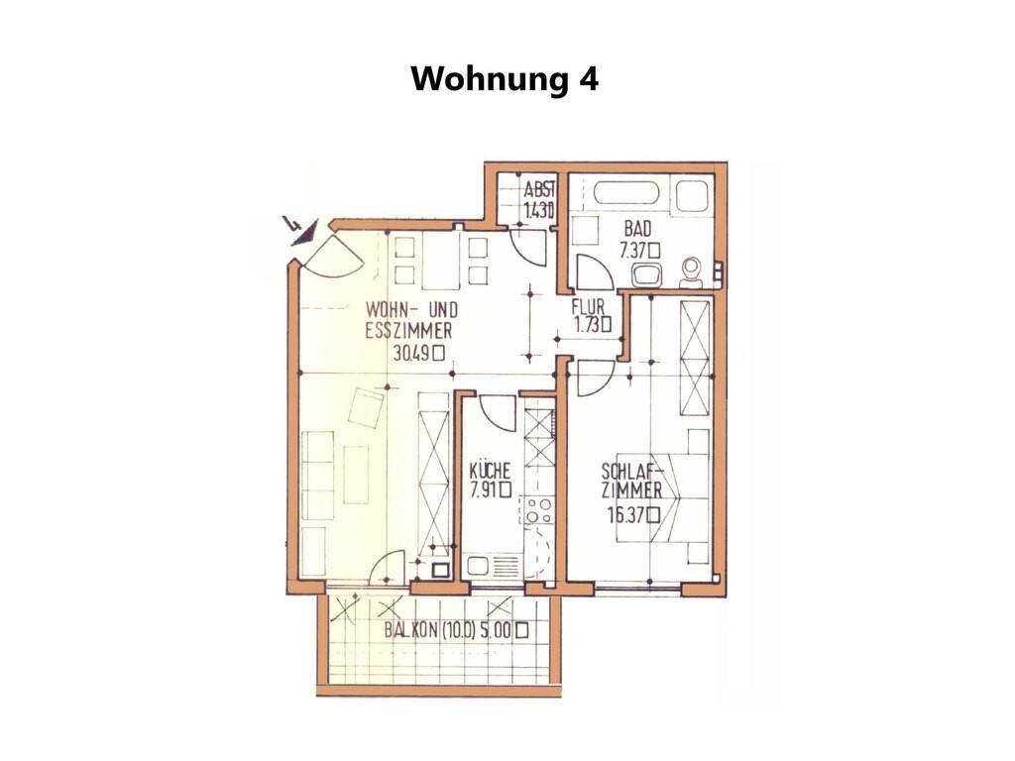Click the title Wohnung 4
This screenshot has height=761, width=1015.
[x=505, y=79]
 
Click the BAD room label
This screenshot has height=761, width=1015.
[x=637, y=229]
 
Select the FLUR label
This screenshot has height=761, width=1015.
[x=588, y=306]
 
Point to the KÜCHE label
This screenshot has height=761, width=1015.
[x=490, y=470]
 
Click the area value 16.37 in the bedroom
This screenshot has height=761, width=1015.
[x=626, y=515]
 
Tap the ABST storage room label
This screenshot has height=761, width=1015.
[x=539, y=189]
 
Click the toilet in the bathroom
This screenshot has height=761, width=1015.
[x=691, y=272]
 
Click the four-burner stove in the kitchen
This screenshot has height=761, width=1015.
[x=538, y=510]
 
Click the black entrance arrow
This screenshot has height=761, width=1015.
[x=301, y=232]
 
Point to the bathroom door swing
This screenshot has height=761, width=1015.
[x=595, y=272]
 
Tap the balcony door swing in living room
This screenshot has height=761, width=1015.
[x=388, y=567]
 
